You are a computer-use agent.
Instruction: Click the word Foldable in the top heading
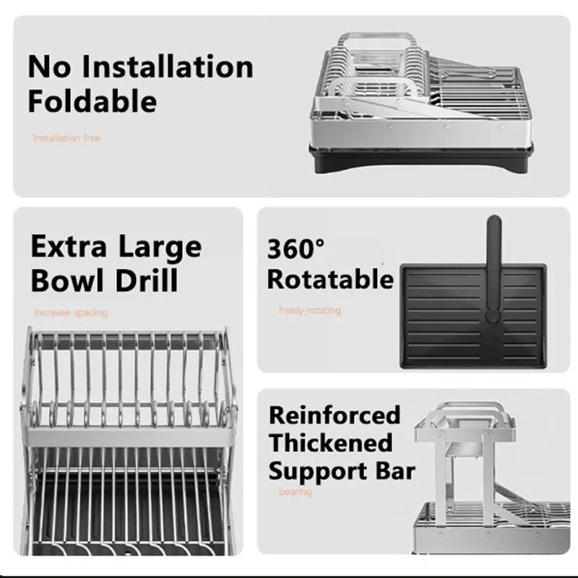click(92, 101)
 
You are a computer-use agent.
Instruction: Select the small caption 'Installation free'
click(66, 137)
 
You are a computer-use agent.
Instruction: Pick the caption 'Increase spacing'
click(70, 313)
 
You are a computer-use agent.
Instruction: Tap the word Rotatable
click(330, 279)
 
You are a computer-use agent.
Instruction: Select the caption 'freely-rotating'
click(309, 311)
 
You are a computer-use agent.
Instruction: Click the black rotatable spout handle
click(493, 267)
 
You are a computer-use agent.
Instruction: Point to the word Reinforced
click(334, 415)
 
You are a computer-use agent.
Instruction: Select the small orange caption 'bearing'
click(295, 492)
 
